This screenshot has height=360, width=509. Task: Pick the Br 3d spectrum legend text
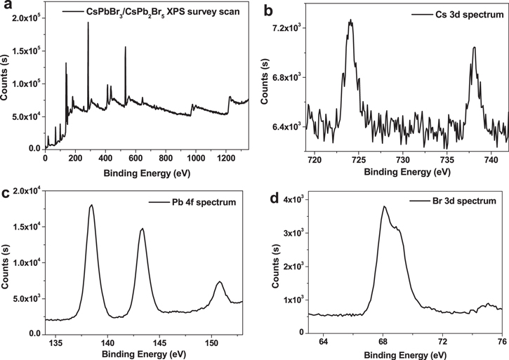pyautogui.click(x=457, y=201)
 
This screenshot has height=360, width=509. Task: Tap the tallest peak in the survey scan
pyautogui.click(x=88, y=22)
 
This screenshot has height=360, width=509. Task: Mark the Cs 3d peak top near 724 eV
pyautogui.click(x=350, y=21)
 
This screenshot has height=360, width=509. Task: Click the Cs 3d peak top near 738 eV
pyautogui.click(x=474, y=48)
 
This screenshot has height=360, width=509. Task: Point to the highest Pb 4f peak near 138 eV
pyautogui.click(x=91, y=206)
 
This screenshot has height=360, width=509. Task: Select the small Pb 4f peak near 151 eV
pyautogui.click(x=220, y=282)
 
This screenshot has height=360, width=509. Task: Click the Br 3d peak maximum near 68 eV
pyautogui.click(x=384, y=206)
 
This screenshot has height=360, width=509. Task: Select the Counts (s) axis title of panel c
pyautogui.click(x=7, y=266)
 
